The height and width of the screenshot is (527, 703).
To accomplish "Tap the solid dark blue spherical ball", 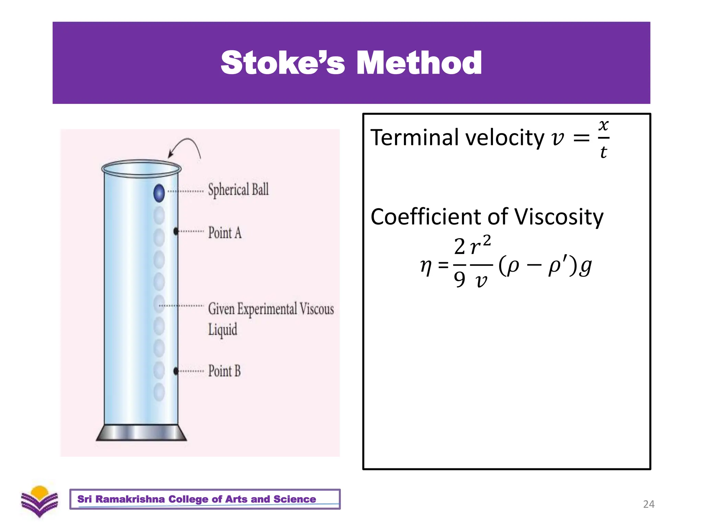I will pyautogui.click(x=159, y=193).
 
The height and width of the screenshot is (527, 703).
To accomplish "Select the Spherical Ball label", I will pyautogui.click(x=238, y=190).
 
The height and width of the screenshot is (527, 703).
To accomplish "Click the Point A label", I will pyautogui.click(x=225, y=233).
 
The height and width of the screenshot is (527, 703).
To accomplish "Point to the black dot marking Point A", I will pyautogui.click(x=176, y=232).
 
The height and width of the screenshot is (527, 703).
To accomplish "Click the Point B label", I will pyautogui.click(x=224, y=371).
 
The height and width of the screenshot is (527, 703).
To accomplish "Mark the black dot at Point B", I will pyautogui.click(x=176, y=371).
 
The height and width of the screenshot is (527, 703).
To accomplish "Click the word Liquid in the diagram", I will pyautogui.click(x=222, y=330).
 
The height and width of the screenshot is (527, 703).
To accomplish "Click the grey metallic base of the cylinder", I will pyautogui.click(x=141, y=433).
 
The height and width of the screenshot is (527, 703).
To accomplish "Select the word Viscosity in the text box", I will pyautogui.click(x=558, y=217).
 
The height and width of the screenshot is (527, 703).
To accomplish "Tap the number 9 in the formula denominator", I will pyautogui.click(x=459, y=279).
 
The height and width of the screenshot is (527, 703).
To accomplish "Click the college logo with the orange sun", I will pyautogui.click(x=39, y=501).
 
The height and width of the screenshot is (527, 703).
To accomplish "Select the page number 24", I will pyautogui.click(x=648, y=504).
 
